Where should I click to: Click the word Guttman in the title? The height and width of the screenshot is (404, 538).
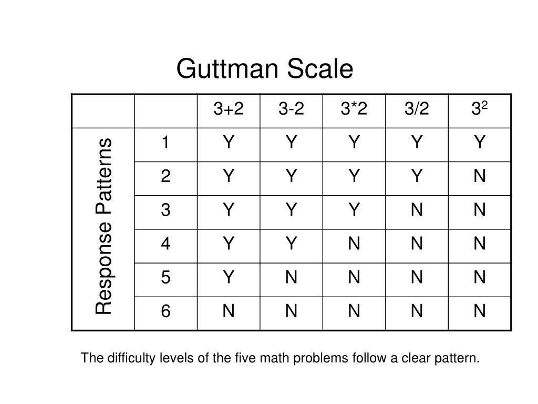click(227, 69)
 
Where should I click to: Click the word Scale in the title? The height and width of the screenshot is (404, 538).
click(320, 69)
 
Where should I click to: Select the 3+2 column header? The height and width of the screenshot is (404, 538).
click(229, 108)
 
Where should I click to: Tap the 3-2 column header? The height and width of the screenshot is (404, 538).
click(291, 108)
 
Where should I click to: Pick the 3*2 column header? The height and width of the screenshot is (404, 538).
click(354, 108)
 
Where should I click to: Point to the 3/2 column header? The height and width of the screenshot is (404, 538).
click(417, 108)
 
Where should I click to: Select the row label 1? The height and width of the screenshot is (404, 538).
click(165, 142)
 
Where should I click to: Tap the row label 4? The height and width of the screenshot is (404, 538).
click(165, 243)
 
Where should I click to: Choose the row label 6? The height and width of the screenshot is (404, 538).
click(165, 311)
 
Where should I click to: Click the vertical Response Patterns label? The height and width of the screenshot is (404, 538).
click(104, 226)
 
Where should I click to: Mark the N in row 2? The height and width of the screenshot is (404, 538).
click(479, 176)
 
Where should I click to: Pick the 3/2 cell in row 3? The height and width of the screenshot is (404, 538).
click(417, 209)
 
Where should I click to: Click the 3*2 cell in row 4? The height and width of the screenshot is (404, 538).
click(354, 243)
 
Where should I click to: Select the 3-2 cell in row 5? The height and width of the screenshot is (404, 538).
click(291, 277)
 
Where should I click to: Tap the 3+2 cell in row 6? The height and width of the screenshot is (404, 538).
click(229, 311)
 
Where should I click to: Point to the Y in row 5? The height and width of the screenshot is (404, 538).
click(229, 277)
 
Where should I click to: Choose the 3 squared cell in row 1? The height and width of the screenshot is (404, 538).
click(479, 142)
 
